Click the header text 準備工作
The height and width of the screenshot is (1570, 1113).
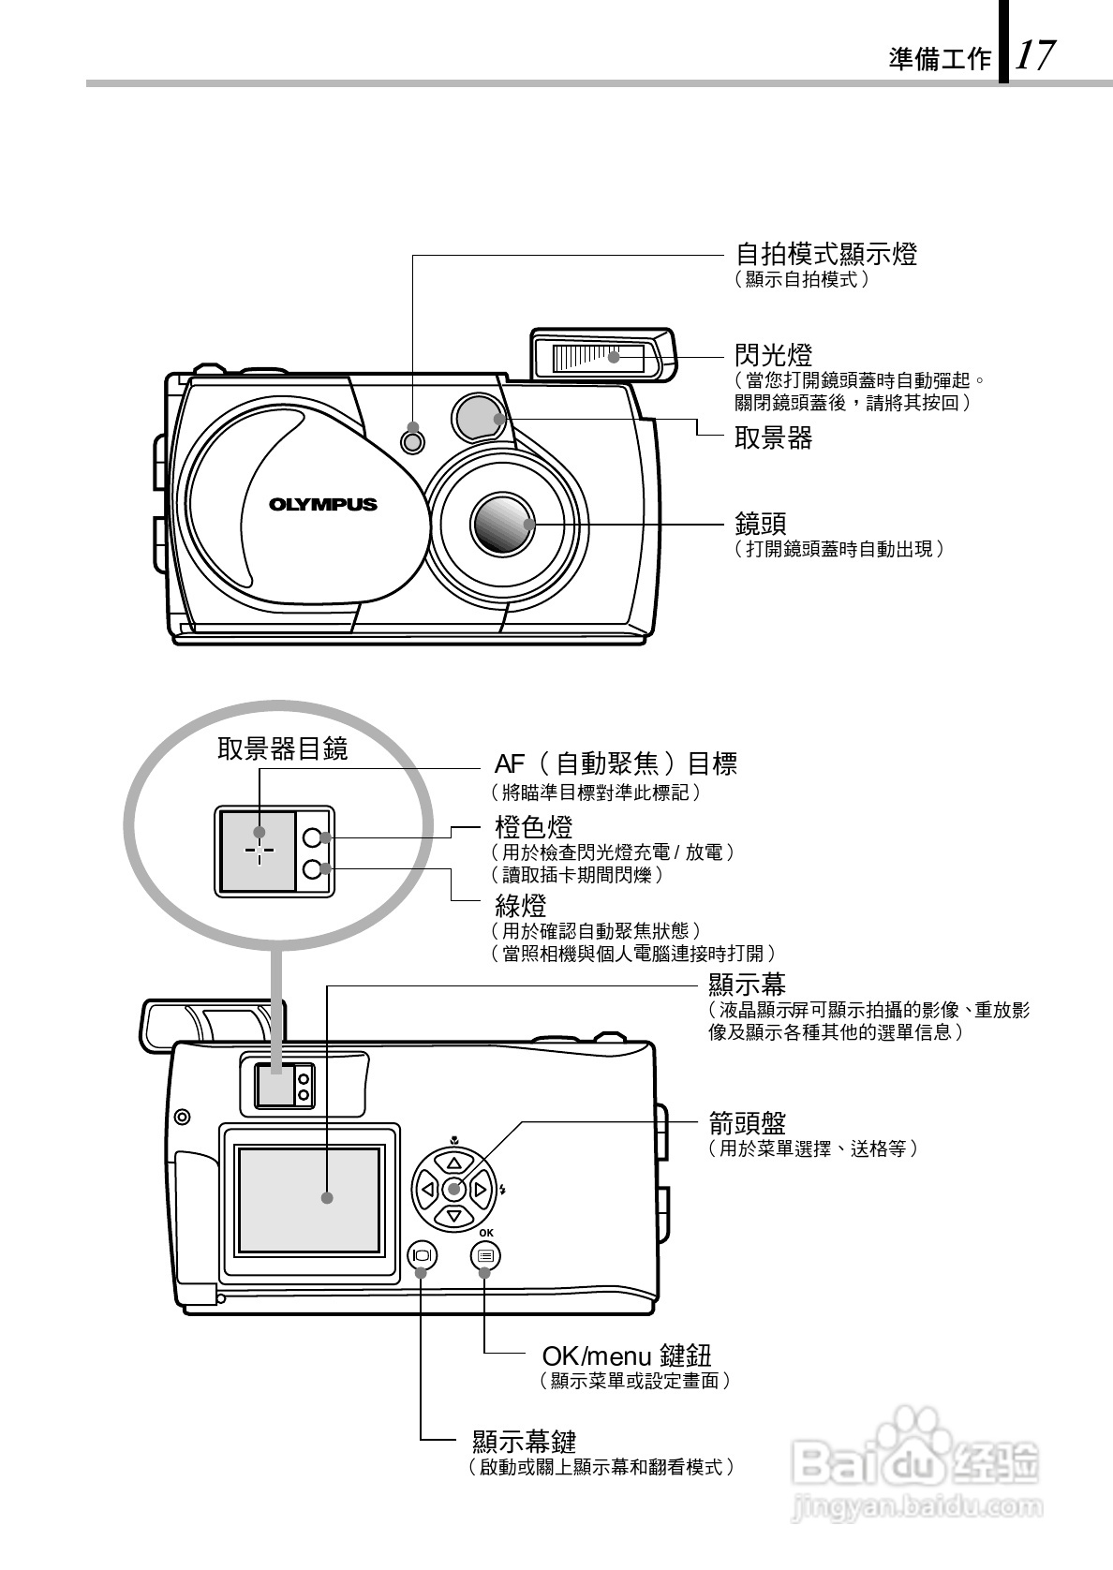940,60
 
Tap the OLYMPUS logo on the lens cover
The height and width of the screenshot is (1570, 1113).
323,504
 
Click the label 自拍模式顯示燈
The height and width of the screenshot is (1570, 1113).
825,254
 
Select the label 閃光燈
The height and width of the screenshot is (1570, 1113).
773,355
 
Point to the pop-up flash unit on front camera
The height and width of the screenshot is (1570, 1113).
601,357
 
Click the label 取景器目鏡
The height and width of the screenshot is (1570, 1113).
282,748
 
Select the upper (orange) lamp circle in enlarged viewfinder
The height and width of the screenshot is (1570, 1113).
313,839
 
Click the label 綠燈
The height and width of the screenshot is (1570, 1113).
520,906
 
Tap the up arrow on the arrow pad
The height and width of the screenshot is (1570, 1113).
453,1163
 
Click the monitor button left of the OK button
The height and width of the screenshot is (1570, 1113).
422,1255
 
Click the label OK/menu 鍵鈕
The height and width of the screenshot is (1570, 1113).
627,1355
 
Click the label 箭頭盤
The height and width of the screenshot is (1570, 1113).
747,1122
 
